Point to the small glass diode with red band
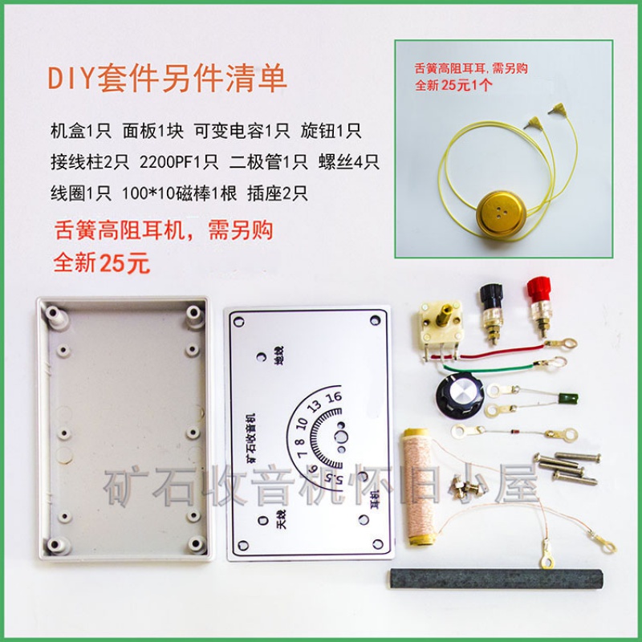pyautogui.click(x=502, y=433)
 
